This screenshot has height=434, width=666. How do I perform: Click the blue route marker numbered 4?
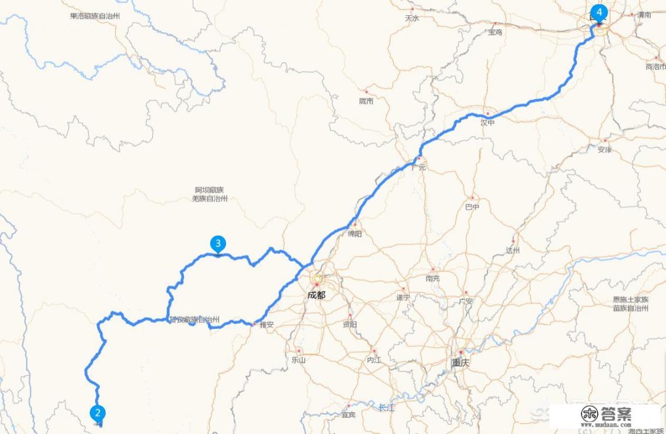point(598,12)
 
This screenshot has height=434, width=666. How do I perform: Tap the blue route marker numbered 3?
point(218,243)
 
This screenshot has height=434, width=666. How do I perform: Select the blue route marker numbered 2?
point(97,413)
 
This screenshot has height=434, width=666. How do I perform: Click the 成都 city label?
point(316,295)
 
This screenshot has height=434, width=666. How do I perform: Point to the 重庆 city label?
point(460,362)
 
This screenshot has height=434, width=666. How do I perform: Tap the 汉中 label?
point(487,123)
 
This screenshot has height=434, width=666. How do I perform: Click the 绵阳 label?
point(355,233)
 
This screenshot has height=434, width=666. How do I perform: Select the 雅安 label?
point(266,324)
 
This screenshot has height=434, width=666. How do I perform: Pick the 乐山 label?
point(298,360)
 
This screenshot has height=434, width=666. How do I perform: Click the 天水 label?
point(412,18)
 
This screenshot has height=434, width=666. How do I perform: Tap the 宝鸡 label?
point(495,32)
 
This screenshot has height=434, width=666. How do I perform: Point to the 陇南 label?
point(366,101)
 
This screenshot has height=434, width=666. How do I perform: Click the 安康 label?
point(605,149)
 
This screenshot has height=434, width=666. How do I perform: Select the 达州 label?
point(513,250)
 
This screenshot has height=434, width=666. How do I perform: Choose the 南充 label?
point(432,278)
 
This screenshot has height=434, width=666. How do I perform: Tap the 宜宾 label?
point(348,415)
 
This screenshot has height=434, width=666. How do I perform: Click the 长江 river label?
point(386,407)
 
